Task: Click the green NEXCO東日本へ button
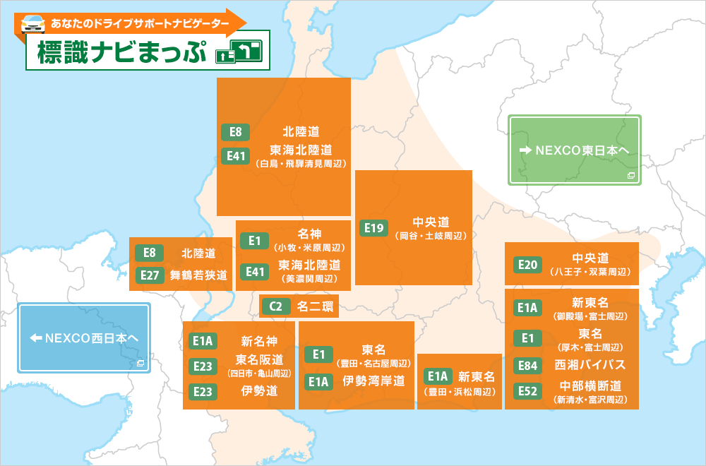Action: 575,150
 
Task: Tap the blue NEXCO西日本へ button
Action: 84,338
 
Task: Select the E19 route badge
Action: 374,227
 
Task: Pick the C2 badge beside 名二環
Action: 276,306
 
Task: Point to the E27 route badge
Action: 150,275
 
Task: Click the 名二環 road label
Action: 313,306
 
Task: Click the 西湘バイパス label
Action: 590,365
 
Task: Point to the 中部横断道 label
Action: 590,386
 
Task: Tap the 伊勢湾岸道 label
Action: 374,381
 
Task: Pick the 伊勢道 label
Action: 259,390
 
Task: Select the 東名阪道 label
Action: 259,359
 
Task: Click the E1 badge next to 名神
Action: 255,241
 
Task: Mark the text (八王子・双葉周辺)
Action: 590,272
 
